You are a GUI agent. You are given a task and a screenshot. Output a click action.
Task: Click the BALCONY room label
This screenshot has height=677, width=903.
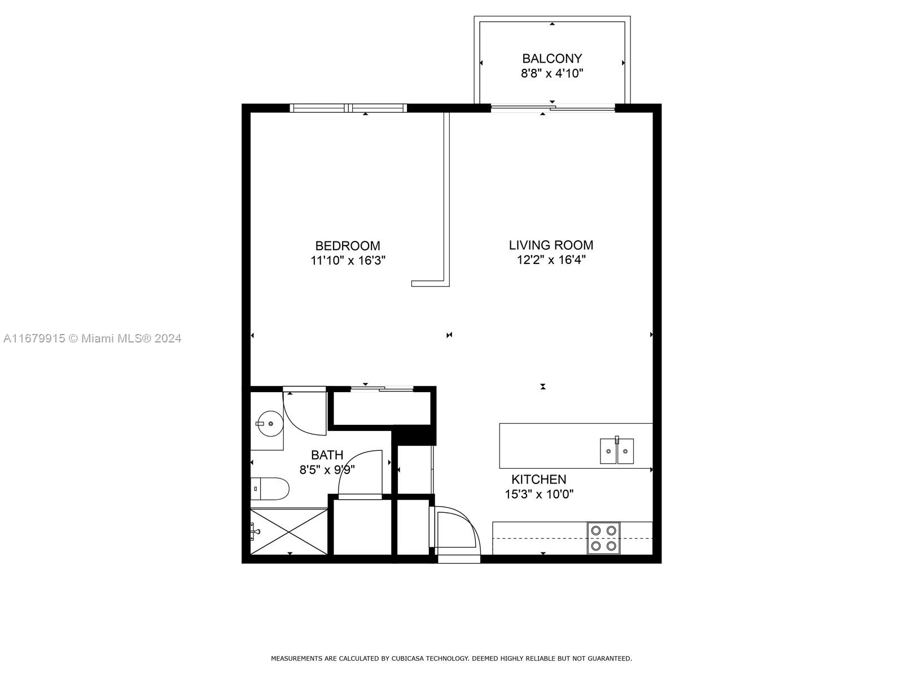pyautogui.click(x=552, y=58)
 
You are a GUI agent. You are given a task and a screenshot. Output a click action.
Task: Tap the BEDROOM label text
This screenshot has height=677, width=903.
pyautogui.click(x=348, y=246)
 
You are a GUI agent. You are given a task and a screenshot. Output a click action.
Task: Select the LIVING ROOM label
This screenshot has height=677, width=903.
pyautogui.click(x=551, y=245)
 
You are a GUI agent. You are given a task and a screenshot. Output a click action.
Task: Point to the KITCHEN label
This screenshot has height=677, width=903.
pyautogui.click(x=539, y=480)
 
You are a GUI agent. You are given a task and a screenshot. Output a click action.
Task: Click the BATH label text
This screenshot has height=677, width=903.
pyautogui.click(x=327, y=455)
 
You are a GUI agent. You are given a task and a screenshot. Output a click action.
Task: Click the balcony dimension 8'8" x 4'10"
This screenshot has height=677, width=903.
pyautogui.click(x=552, y=73)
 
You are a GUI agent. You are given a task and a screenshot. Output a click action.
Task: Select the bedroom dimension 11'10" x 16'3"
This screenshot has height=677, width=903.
pyautogui.click(x=348, y=260)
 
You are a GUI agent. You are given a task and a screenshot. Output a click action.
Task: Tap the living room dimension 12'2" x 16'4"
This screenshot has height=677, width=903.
pyautogui.click(x=551, y=260)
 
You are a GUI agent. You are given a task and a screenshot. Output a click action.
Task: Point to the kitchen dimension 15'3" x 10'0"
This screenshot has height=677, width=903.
pyautogui.click(x=539, y=494)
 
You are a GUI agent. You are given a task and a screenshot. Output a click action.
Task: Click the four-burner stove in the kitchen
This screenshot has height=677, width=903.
pyautogui.click(x=603, y=538)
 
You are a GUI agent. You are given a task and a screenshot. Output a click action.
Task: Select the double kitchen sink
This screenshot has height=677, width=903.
pyautogui.click(x=617, y=451)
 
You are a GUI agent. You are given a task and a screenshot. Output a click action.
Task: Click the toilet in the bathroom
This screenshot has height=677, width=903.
pyautogui.click(x=269, y=489)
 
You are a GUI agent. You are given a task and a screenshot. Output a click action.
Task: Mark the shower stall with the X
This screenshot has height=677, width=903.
pyautogui.click(x=289, y=533)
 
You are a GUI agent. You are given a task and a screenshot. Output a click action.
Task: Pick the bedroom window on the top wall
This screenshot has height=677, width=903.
pyautogui.click(x=348, y=108)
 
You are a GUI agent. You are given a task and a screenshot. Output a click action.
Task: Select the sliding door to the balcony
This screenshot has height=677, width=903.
pyautogui.click(x=553, y=108)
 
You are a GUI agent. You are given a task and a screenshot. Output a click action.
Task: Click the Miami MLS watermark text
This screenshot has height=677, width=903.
pyautogui.click(x=92, y=338)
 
